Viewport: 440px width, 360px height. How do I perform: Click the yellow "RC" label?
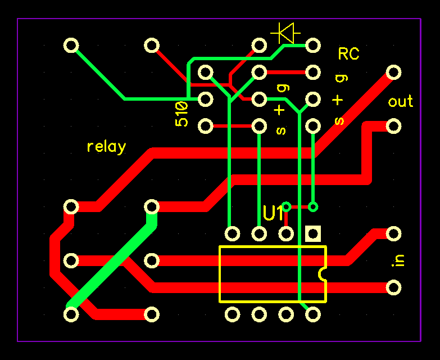tap(348, 54)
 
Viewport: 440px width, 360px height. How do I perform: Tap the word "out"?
tap(400, 102)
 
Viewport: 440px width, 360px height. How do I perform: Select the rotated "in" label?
tap(399, 260)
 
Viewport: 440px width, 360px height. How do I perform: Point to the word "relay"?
tap(106, 147)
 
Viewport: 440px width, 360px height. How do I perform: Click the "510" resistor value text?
tap(182, 114)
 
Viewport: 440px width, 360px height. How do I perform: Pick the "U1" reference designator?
tap(274, 214)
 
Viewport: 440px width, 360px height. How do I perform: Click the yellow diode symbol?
tap(284, 33)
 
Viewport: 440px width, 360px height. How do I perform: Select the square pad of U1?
tap(313, 233)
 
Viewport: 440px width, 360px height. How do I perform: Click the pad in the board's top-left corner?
tap(71, 45)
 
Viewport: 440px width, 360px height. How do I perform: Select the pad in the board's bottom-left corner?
tap(71, 314)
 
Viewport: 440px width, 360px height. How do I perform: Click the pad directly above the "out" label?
tap(394, 72)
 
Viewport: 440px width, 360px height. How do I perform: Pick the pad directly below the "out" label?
tap(394, 125)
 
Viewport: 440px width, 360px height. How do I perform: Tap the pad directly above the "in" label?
tap(394, 233)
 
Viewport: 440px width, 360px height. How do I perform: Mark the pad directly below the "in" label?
tap(394, 287)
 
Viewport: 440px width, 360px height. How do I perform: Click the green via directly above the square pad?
tap(313, 206)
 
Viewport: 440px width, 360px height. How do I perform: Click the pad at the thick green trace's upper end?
tap(152, 206)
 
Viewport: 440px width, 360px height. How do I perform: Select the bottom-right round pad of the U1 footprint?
tap(313, 314)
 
